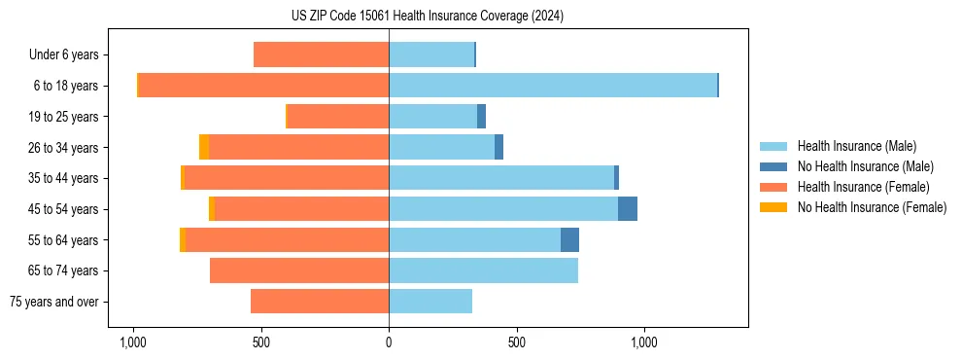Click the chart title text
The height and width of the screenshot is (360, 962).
tap(427, 16)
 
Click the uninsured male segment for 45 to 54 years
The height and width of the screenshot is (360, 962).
tap(628, 209)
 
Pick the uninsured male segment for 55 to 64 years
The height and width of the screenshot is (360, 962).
tap(569, 240)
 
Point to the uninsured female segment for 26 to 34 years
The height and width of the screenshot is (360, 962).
tap(204, 148)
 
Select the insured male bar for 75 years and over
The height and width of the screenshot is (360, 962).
tap(430, 302)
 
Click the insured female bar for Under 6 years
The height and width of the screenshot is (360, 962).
tap(322, 55)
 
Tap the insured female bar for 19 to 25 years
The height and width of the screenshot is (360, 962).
tap(338, 117)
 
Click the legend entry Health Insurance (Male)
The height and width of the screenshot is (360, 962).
tap(856, 146)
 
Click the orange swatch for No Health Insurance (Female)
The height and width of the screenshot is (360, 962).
tap(774, 207)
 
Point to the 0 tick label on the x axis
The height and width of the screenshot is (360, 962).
tap(389, 342)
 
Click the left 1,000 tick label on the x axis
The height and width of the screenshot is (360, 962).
tap(132, 342)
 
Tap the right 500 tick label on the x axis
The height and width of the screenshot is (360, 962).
tap(516, 342)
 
